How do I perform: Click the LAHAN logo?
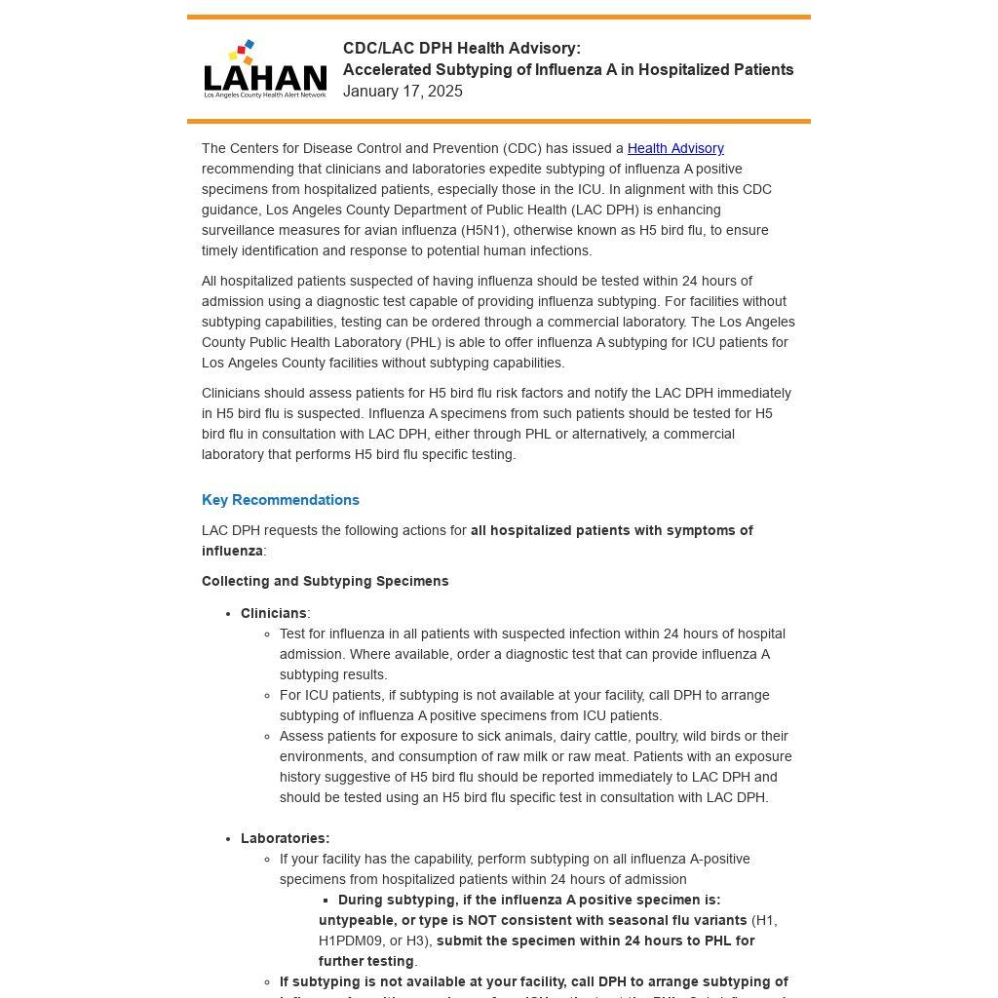[x=265, y=69]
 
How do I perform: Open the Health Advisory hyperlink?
[x=675, y=148]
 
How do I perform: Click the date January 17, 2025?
[x=403, y=92]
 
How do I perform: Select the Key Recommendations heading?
[x=281, y=500]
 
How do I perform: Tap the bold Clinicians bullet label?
[x=273, y=613]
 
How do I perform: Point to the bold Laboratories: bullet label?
[x=285, y=838]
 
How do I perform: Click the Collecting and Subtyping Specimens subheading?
[x=326, y=581]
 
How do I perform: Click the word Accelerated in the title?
[x=387, y=70]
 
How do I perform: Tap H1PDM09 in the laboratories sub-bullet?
[x=351, y=940]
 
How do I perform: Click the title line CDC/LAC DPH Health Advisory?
[x=461, y=49]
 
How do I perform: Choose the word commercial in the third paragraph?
[x=694, y=434]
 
